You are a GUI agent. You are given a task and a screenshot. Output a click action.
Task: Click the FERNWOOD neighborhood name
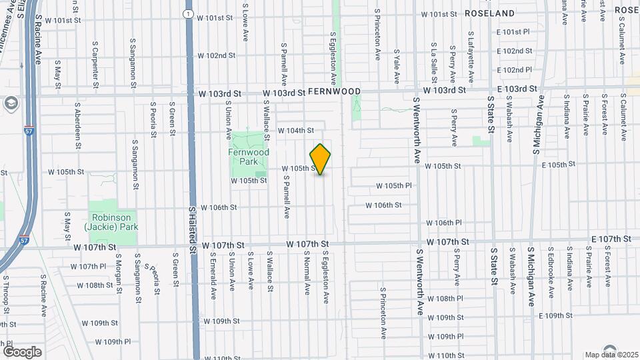point(334,91)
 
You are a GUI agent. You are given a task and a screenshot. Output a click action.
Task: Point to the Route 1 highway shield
point(189,13)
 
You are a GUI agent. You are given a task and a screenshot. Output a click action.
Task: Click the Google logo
point(22,351)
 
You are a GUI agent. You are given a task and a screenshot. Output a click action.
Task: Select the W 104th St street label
point(295,131)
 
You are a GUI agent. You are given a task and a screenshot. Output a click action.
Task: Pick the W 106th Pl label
point(444,223)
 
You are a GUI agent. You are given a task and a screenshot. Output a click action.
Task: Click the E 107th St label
point(611,238)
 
